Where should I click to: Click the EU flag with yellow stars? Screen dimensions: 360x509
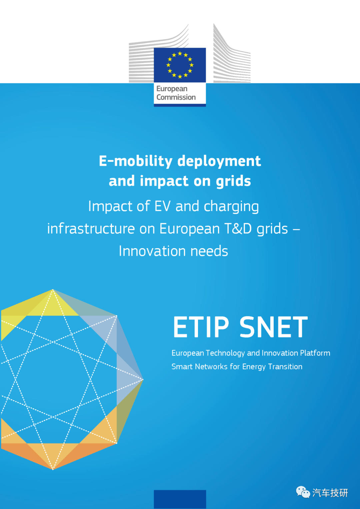[180, 65]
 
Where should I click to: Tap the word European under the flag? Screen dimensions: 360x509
[172, 89]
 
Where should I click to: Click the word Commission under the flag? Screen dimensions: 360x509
[176, 97]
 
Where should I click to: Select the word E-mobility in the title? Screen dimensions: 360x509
[136, 161]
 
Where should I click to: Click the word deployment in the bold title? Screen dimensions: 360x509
[219, 161]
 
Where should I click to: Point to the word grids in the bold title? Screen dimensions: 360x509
[233, 181]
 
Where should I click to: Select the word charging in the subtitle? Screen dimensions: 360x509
[231, 206]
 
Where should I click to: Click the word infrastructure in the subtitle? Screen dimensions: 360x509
[91, 228]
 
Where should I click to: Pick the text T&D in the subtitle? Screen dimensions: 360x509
[238, 228]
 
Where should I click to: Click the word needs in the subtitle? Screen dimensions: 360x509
[209, 251]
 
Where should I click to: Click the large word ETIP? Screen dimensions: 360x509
[201, 327]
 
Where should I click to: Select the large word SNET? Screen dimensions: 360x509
[274, 327]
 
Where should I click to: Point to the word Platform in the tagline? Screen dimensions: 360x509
[315, 353]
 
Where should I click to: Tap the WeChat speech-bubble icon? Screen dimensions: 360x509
[303, 492]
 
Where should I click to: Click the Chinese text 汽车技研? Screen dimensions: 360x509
[330, 493]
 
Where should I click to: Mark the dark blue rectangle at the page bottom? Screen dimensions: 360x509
[180, 499]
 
